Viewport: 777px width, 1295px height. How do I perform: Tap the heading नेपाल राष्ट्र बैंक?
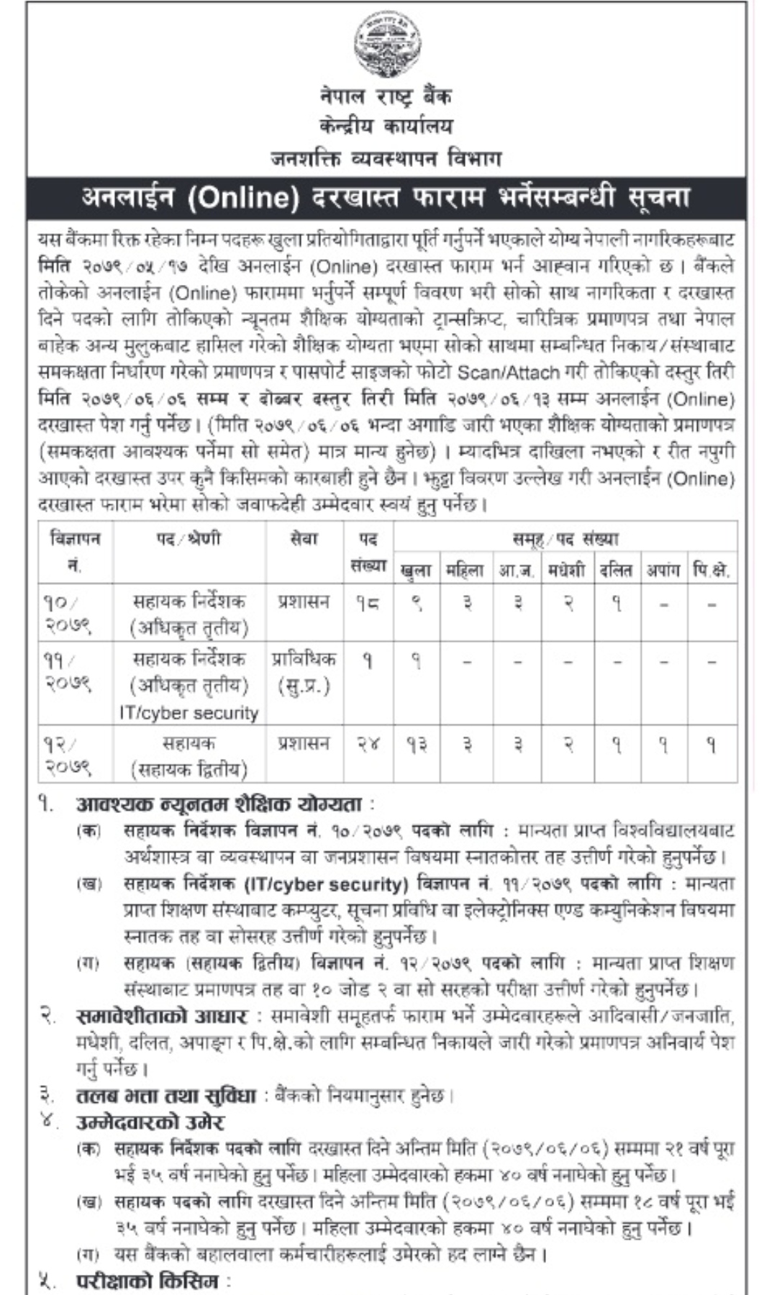click(x=387, y=96)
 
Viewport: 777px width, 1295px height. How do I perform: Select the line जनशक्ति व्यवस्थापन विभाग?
click(x=386, y=158)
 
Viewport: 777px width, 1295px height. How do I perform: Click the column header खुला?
click(x=417, y=571)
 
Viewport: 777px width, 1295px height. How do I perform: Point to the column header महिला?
click(x=465, y=571)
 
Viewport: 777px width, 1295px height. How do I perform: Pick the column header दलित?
click(x=616, y=571)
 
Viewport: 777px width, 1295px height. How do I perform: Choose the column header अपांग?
click(x=663, y=571)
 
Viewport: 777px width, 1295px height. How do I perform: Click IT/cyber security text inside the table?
click(x=189, y=713)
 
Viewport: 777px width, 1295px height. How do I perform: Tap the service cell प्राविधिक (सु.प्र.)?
click(x=304, y=672)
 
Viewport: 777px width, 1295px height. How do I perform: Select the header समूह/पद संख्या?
click(x=565, y=538)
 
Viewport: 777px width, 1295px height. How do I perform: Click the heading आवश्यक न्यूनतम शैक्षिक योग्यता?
click(x=224, y=804)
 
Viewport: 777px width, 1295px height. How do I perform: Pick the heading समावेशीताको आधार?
click(x=162, y=1017)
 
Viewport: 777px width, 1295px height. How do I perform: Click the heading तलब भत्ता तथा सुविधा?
click(x=166, y=1096)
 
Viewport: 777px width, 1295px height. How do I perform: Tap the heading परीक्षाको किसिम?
click(x=150, y=1281)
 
